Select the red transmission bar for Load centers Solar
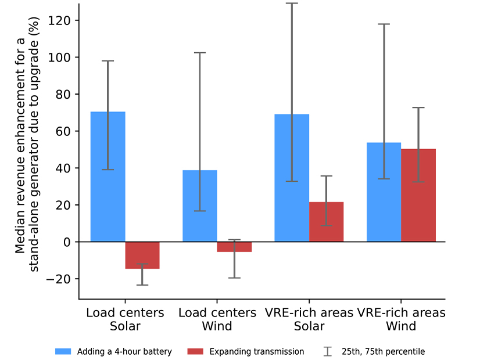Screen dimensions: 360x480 pyautogui.click(x=142, y=255)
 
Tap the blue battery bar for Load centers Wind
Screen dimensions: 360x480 pyautogui.click(x=200, y=206)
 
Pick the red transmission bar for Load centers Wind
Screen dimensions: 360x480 pyautogui.click(x=234, y=247)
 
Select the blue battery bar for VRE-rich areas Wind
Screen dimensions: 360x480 pyautogui.click(x=384, y=192)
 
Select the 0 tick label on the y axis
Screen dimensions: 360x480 pyautogui.click(x=66, y=242)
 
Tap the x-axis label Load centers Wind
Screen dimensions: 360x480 pyautogui.click(x=217, y=319)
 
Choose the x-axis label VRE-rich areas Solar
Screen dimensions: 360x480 pyautogui.click(x=309, y=319)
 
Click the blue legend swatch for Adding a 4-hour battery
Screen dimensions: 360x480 pyautogui.click(x=63, y=351)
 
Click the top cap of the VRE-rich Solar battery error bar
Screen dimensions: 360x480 pyautogui.click(x=292, y=3)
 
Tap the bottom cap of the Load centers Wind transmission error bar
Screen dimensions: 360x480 pyautogui.click(x=234, y=278)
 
